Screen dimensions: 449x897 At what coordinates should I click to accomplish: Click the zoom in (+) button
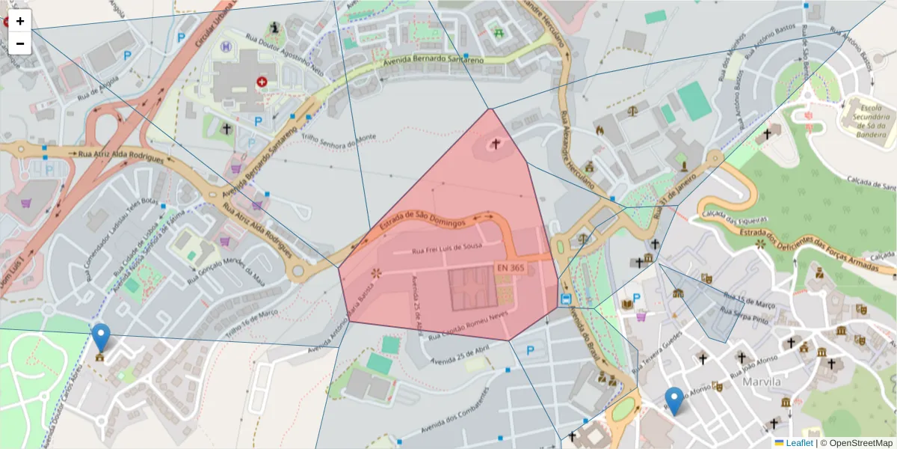point(20,21)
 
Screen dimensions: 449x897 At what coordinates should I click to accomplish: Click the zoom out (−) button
point(20,43)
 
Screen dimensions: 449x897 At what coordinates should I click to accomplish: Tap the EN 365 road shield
point(510,267)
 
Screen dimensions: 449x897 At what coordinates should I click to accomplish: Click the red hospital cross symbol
point(262,81)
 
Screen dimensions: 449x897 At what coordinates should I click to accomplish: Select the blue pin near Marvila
point(675,401)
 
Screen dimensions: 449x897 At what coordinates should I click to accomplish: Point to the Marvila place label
point(762,382)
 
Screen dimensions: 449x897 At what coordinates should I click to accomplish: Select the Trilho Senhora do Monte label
point(340,138)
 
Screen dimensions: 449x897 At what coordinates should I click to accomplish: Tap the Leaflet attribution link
point(799,442)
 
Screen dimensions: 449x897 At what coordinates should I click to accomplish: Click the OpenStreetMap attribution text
point(857,442)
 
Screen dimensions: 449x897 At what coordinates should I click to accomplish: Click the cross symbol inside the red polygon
point(495,143)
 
